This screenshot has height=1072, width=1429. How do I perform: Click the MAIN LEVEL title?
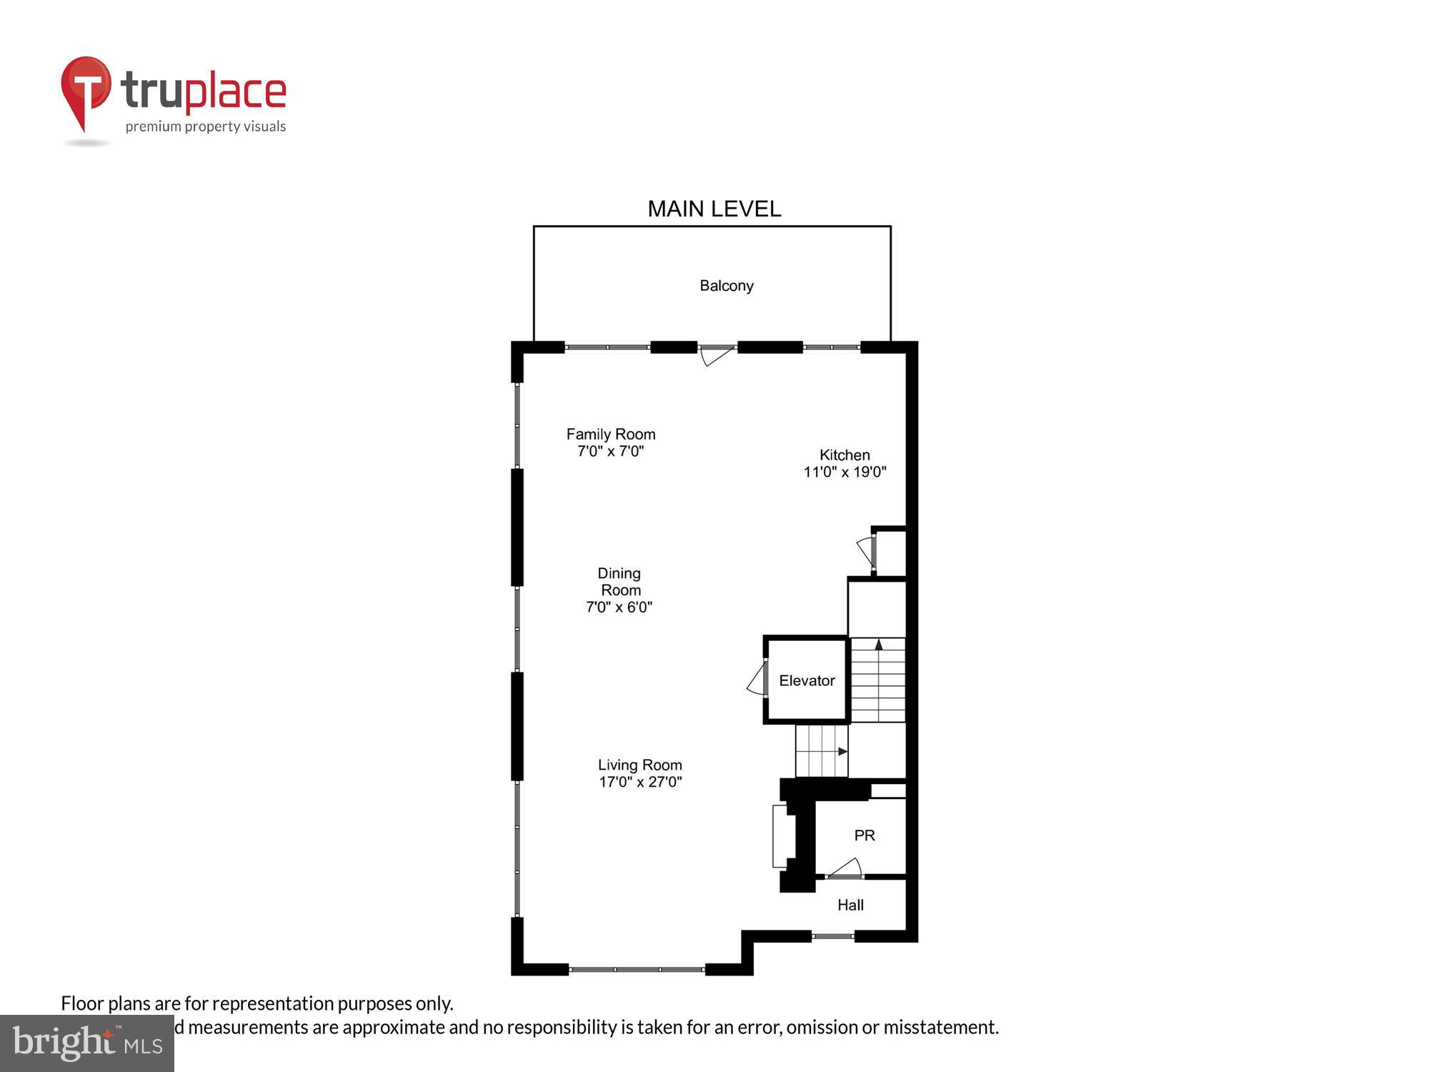click(714, 209)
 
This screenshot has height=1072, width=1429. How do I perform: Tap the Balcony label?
click(726, 286)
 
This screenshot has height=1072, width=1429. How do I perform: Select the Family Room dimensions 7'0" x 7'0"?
click(610, 451)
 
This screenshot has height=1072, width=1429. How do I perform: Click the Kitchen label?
click(845, 455)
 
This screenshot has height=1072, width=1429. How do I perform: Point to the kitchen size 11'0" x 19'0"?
click(845, 472)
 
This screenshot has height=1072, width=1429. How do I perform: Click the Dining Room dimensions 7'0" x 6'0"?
click(619, 607)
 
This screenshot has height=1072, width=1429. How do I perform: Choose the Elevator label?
click(807, 680)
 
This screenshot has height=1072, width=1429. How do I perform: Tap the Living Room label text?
click(639, 765)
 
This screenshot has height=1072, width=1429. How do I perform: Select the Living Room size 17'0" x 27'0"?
click(640, 782)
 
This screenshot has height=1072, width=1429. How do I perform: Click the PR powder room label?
click(864, 835)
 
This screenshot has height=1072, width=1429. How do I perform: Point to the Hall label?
click(850, 905)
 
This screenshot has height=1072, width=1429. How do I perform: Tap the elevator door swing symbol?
click(757, 680)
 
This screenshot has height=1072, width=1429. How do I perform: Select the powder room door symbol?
click(847, 869)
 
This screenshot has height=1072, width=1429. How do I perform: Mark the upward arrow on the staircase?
click(879, 645)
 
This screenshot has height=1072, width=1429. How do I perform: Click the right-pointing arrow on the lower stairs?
click(842, 751)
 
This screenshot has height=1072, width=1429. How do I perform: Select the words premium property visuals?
click(206, 126)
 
